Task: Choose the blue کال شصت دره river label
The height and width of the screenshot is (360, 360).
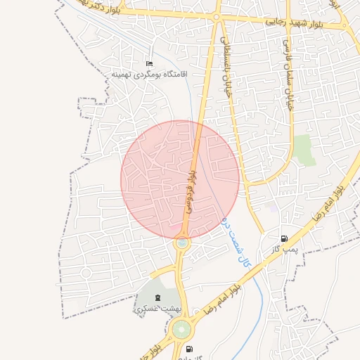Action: pyautogui.click(x=237, y=243)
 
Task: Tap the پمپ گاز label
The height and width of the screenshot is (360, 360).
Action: pyautogui.click(x=286, y=250)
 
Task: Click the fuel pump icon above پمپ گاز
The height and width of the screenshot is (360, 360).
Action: pyautogui.click(x=284, y=239)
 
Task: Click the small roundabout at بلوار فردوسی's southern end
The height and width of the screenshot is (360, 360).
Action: pyautogui.click(x=182, y=243)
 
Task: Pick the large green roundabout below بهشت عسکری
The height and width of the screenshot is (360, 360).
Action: pyautogui.click(x=181, y=328)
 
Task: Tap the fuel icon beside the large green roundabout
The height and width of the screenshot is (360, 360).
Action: pyautogui.click(x=188, y=349)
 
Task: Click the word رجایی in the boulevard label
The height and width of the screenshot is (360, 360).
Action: pyautogui.click(x=274, y=22)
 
